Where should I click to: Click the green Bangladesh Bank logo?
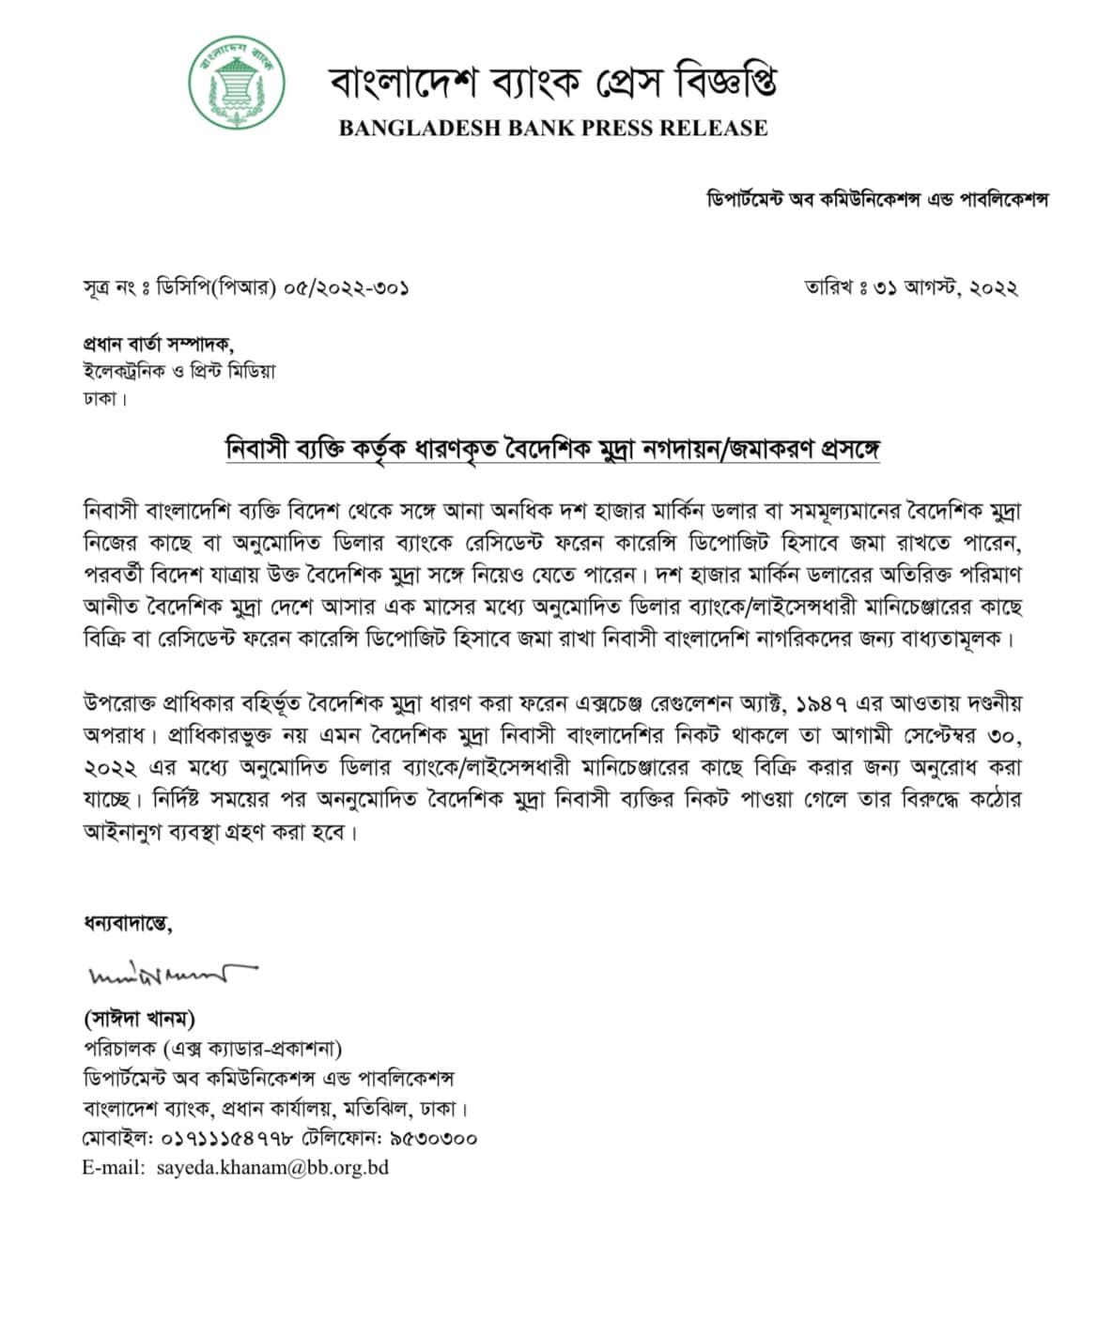pyautogui.click(x=238, y=83)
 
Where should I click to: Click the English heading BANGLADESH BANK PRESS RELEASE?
pyautogui.click(x=553, y=129)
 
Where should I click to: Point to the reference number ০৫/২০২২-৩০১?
pyautogui.click(x=347, y=288)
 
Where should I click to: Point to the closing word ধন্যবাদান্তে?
pyautogui.click(x=128, y=924)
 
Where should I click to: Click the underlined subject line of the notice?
pyautogui.click(x=552, y=448)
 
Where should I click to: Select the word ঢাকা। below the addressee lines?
pyautogui.click(x=105, y=398)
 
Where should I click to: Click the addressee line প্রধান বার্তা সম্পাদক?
pyautogui.click(x=159, y=345)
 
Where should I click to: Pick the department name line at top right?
pyautogui.click(x=877, y=199)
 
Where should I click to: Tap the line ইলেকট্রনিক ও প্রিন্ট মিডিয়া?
pyautogui.click(x=179, y=371)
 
